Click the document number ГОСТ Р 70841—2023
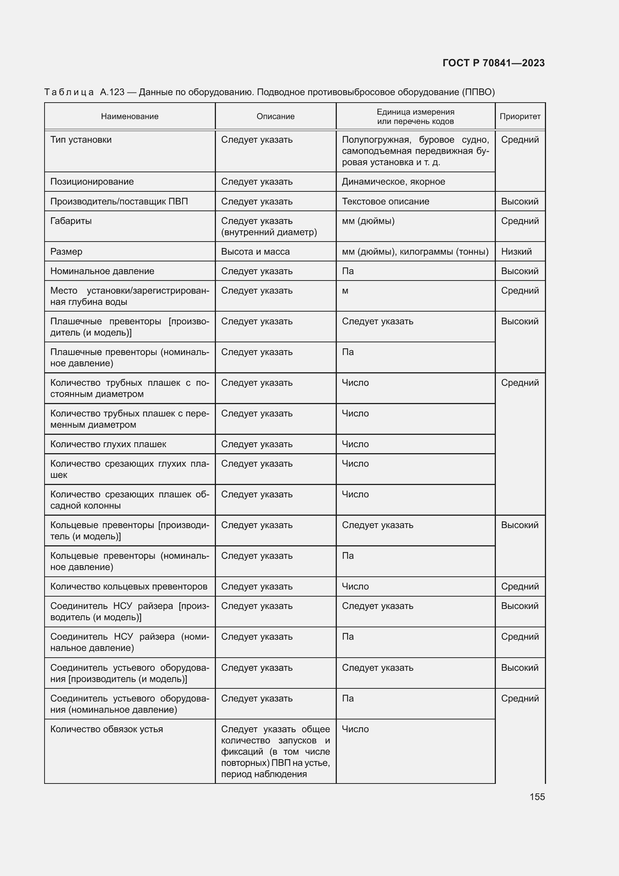tap(493, 63)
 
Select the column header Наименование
tap(129, 116)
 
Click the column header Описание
tap(275, 116)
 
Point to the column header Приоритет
tap(519, 116)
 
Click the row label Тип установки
tap(81, 140)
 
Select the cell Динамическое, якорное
tap(393, 182)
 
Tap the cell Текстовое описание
tap(385, 201)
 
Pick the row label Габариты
tap(71, 221)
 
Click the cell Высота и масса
tap(255, 252)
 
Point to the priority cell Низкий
tap(516, 252)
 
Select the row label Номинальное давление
tap(102, 271)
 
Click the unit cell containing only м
tap(345, 291)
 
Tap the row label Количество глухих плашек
tap(108, 444)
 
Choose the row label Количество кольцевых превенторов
tap(129, 586)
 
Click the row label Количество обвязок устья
tap(106, 729)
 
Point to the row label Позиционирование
tap(92, 182)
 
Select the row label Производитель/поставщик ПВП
tap(119, 201)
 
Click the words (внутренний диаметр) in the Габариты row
tap(269, 232)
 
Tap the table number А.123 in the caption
tap(112, 93)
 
